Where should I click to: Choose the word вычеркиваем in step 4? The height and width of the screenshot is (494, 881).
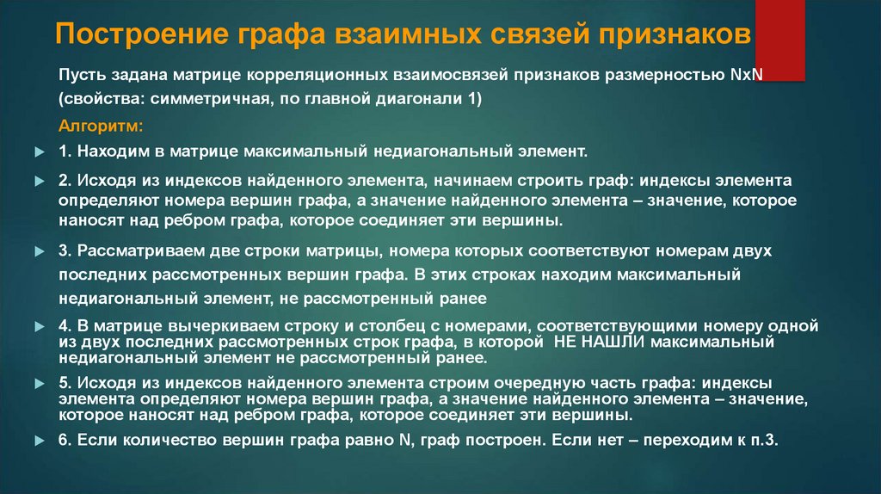(208, 327)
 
